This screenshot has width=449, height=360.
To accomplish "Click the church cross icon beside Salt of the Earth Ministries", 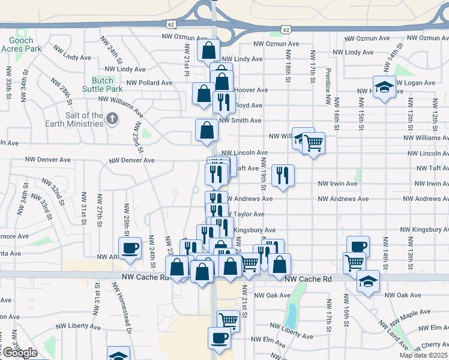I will click(x=112, y=119).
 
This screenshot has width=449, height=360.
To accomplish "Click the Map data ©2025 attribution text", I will click(x=424, y=355).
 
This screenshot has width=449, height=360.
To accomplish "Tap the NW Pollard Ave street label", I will click(x=149, y=83).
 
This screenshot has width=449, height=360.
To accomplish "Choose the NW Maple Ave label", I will click(x=415, y=313).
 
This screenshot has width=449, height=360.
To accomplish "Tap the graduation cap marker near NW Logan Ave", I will click(x=384, y=88).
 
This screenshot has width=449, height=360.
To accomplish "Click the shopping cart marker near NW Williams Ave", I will click(x=313, y=143).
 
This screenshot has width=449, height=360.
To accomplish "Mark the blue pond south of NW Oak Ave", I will click(x=292, y=313).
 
